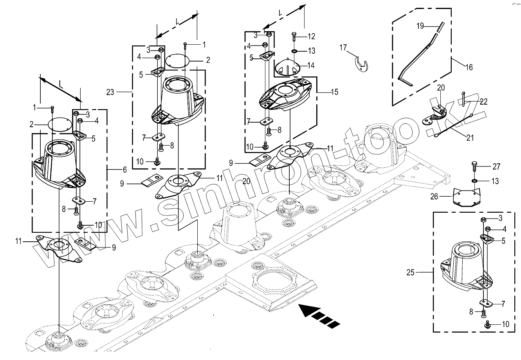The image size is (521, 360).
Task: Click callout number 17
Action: [x=343, y=48]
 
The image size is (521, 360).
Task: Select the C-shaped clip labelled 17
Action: [x=362, y=65]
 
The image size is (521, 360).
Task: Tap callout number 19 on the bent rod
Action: [x=420, y=26]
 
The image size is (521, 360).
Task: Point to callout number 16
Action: [x=469, y=67]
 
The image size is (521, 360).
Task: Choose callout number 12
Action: [x=311, y=36]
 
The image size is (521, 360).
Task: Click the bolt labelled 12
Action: [x=294, y=38]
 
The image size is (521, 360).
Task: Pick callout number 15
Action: [x=334, y=92]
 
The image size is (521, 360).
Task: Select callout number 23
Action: [x=110, y=92]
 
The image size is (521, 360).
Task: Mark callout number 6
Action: [x=124, y=170]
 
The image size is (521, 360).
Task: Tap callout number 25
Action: [x=410, y=272]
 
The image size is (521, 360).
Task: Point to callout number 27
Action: [x=496, y=167]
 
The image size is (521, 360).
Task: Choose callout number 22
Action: [x=484, y=101]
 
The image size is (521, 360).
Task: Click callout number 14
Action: [x=311, y=65]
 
